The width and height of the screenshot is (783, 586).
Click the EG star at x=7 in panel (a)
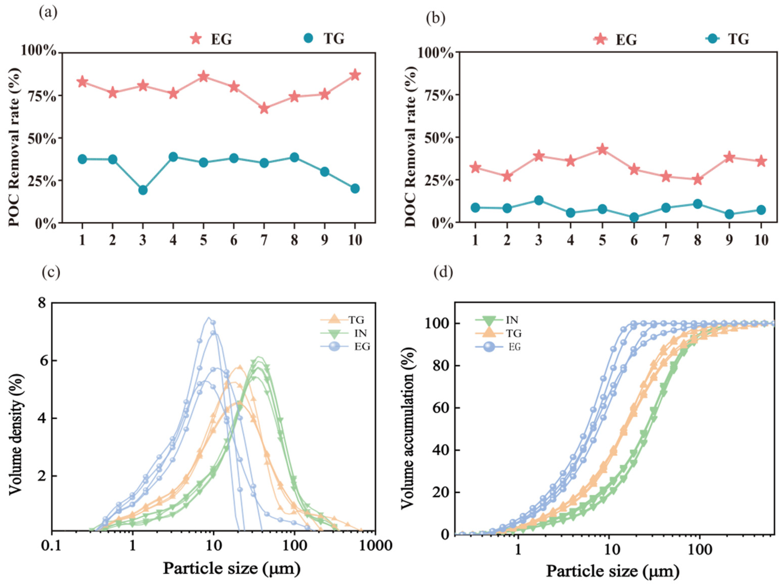coord(264,108)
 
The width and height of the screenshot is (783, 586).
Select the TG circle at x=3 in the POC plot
coord(143,190)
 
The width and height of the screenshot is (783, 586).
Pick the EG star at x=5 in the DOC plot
coord(602,149)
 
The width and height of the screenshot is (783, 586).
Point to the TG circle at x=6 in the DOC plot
coord(634,217)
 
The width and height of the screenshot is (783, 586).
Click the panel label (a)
coord(48,13)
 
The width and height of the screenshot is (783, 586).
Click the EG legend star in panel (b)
coord(600,39)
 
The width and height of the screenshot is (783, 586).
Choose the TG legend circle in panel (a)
coord(309,38)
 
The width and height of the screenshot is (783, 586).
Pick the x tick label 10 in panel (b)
coord(761,240)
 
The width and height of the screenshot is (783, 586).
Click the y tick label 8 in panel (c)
coord(42,303)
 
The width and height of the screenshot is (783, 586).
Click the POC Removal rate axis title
coord(14,147)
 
